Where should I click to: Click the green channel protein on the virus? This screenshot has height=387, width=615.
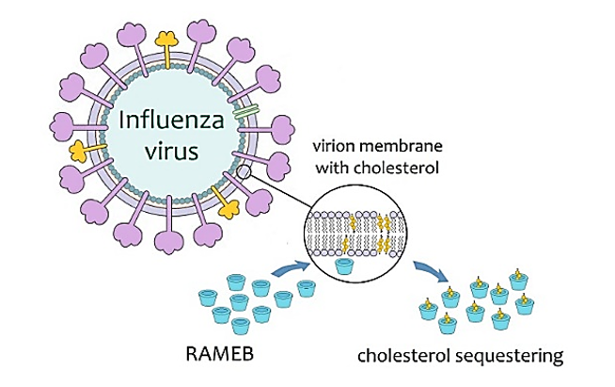[247, 112]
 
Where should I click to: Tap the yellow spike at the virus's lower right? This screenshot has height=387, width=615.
[227, 199]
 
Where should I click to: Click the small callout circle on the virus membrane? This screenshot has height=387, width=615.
[244, 171]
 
